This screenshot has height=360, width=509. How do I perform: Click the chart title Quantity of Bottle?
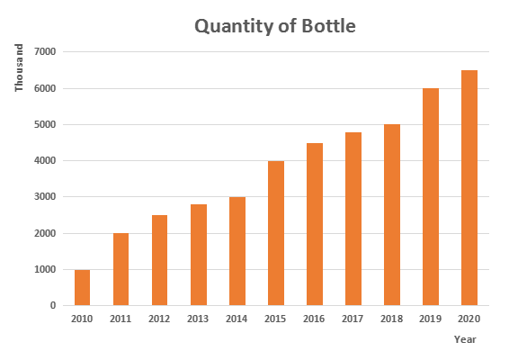[275, 26]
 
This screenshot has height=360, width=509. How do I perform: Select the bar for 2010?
[82, 287]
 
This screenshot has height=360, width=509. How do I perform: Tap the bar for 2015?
[276, 233]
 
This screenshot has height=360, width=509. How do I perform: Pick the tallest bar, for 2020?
[469, 188]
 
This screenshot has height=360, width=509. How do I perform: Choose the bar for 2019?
[431, 197]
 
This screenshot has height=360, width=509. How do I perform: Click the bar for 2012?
[159, 260]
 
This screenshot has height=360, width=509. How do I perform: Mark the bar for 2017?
[353, 219]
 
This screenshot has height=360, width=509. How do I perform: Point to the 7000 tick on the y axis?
[45, 51]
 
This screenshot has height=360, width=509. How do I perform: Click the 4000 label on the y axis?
[45, 160]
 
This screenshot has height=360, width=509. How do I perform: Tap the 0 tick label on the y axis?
[53, 305]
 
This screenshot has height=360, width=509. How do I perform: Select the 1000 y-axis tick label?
[45, 269]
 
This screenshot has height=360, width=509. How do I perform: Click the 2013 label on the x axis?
[198, 319]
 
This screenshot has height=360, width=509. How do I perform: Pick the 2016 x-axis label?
[314, 319]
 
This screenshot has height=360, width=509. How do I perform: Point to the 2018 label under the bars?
[391, 319]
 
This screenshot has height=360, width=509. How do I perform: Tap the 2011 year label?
[121, 319]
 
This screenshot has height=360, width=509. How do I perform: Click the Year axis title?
[465, 339]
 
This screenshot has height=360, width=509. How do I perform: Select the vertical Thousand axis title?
[19, 67]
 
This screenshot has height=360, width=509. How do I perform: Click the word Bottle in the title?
[328, 26]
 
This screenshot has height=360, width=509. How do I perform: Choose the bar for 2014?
[237, 251]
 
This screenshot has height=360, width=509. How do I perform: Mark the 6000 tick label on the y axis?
[45, 88]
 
